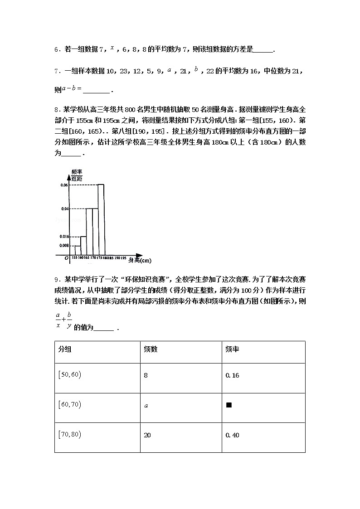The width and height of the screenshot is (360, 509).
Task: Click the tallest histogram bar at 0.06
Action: pyautogui.click(x=102, y=220)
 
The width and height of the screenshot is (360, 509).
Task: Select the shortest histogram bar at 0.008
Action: pyautogui.click(x=78, y=250)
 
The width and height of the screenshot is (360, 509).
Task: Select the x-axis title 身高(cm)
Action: pyautogui.click(x=140, y=260)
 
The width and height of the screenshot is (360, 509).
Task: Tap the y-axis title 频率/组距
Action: pyautogui.click(x=77, y=175)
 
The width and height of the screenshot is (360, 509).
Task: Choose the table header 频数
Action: pyautogui.click(x=151, y=349)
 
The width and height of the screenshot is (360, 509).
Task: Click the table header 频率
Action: pyautogui.click(x=232, y=349)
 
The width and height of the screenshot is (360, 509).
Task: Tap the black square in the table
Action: pyautogui.click(x=229, y=405)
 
